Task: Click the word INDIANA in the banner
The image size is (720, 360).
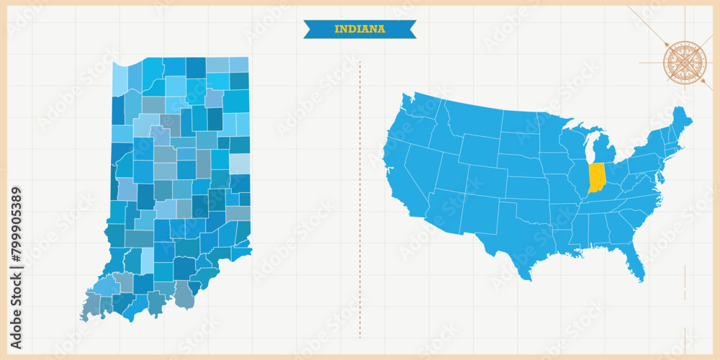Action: point(359,30)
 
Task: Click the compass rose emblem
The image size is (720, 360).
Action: point(685,63)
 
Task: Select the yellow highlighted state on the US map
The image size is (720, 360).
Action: point(597,177)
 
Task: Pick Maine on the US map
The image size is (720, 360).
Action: point(680,122)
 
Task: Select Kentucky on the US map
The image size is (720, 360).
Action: point(605,198)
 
